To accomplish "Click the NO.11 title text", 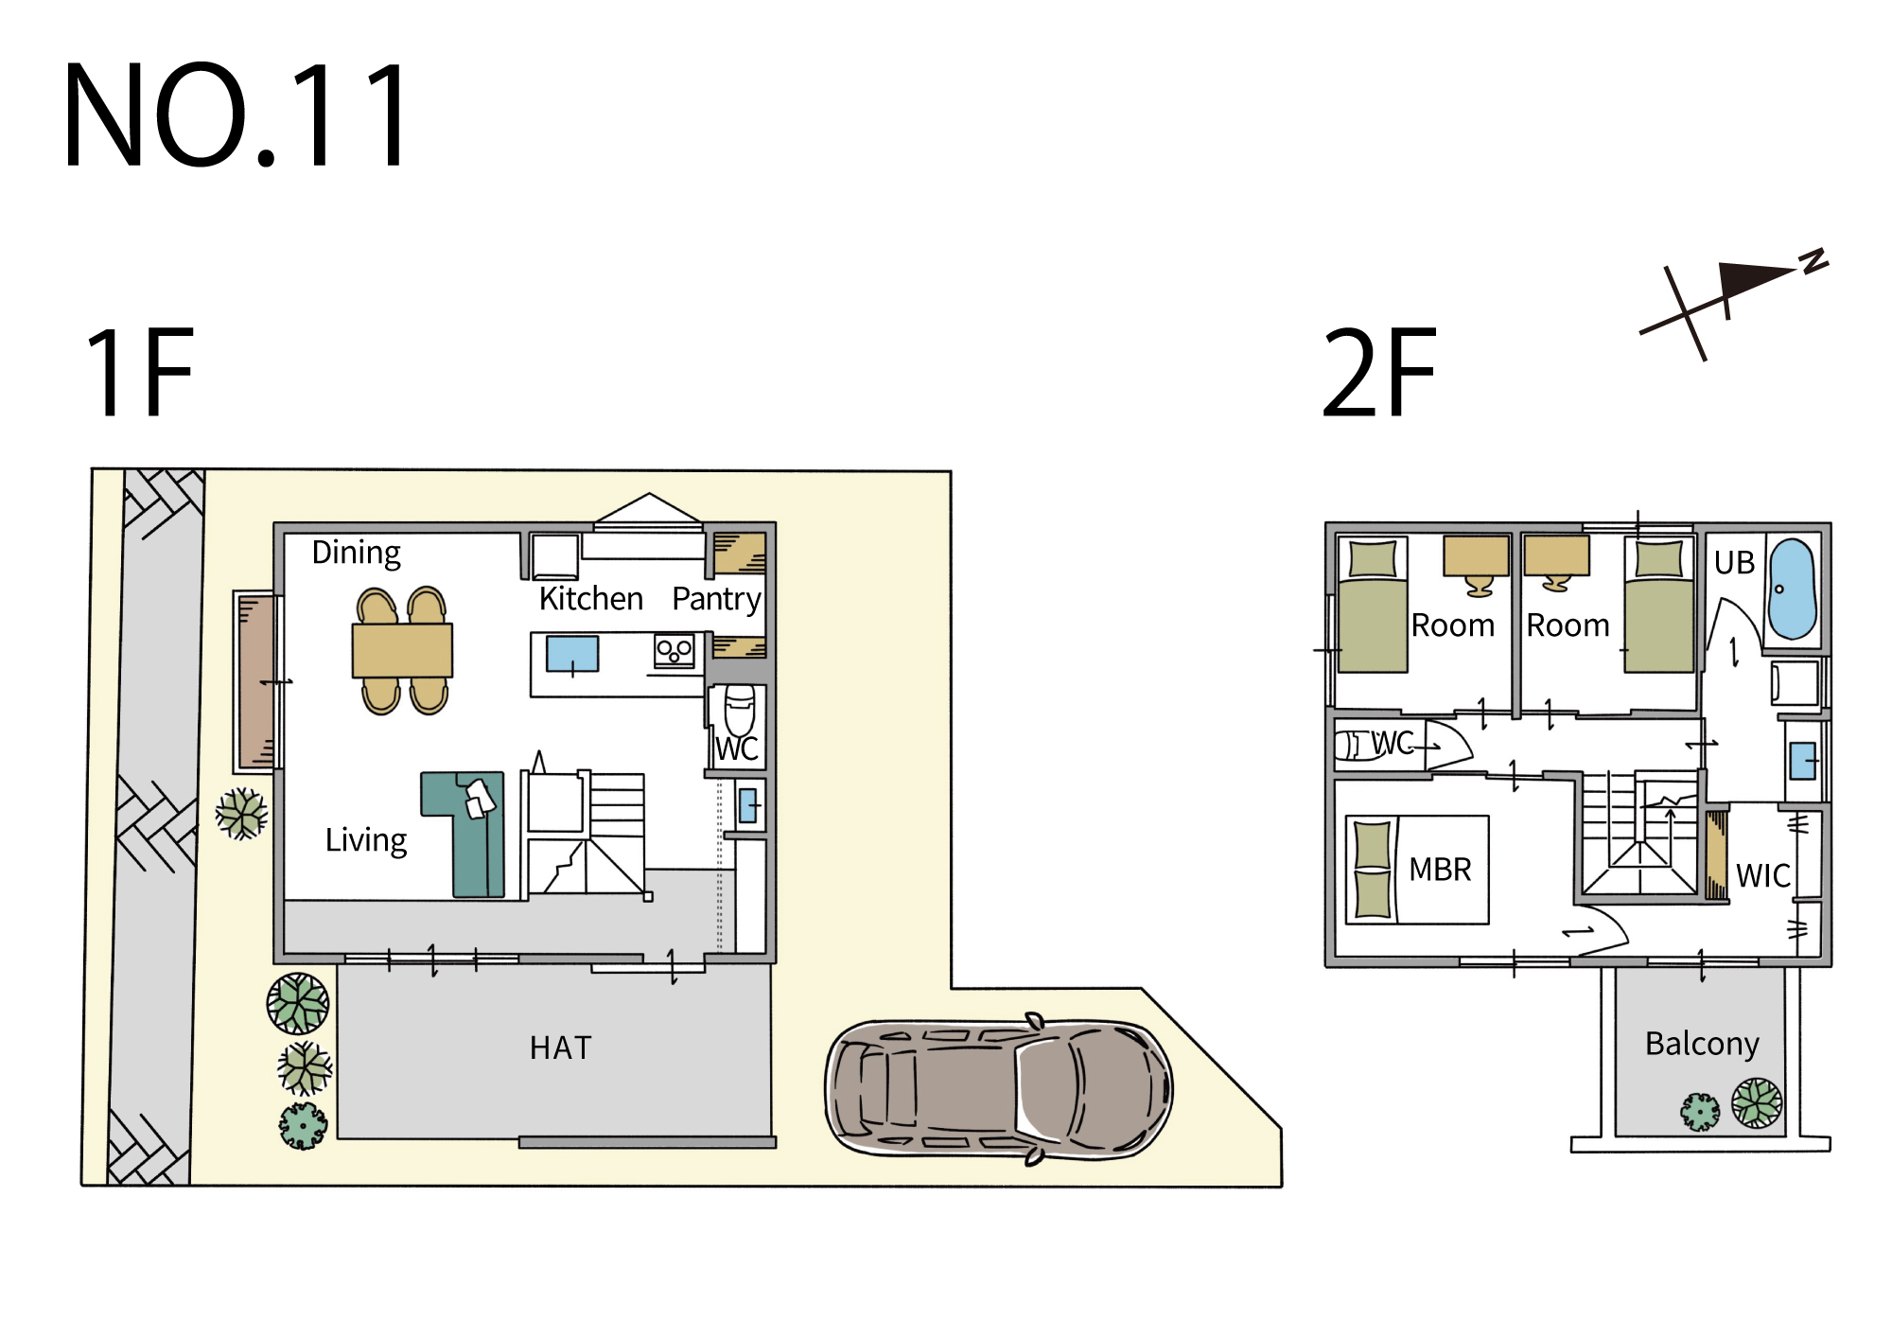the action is [237, 114].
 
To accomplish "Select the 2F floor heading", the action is [1379, 372].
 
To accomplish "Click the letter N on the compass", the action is [1814, 260].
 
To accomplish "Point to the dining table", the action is [402, 650].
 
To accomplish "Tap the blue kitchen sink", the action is [572, 654].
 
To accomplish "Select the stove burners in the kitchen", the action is [674, 651].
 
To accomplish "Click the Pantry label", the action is [716, 599].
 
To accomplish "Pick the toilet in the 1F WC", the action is [740, 709].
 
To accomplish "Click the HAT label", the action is [561, 1048].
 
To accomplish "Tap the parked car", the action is [999, 1088].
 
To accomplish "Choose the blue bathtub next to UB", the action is [1792, 589].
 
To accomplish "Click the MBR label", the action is [1440, 869].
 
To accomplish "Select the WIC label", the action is [1763, 875].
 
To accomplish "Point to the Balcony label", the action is [1702, 1044].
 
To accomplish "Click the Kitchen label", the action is [591, 598].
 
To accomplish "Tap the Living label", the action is [366, 840].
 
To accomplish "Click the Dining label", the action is [357, 553].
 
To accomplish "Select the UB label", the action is [1734, 562].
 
